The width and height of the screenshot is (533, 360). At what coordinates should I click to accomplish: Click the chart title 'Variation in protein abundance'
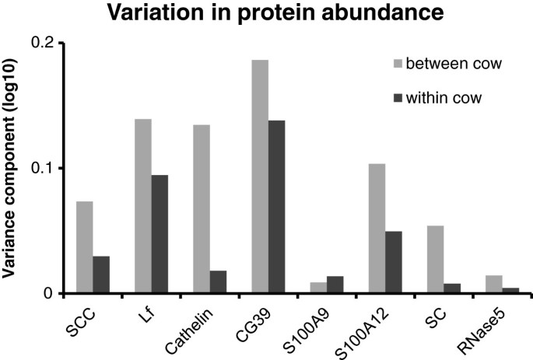click(266, 13)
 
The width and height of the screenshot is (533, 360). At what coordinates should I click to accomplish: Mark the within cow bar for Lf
click(160, 234)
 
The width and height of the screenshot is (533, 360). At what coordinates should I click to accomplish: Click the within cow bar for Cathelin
click(218, 282)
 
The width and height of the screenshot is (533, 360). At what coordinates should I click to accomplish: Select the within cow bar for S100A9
click(335, 285)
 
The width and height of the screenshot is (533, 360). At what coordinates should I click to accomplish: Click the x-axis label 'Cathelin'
click(194, 324)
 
